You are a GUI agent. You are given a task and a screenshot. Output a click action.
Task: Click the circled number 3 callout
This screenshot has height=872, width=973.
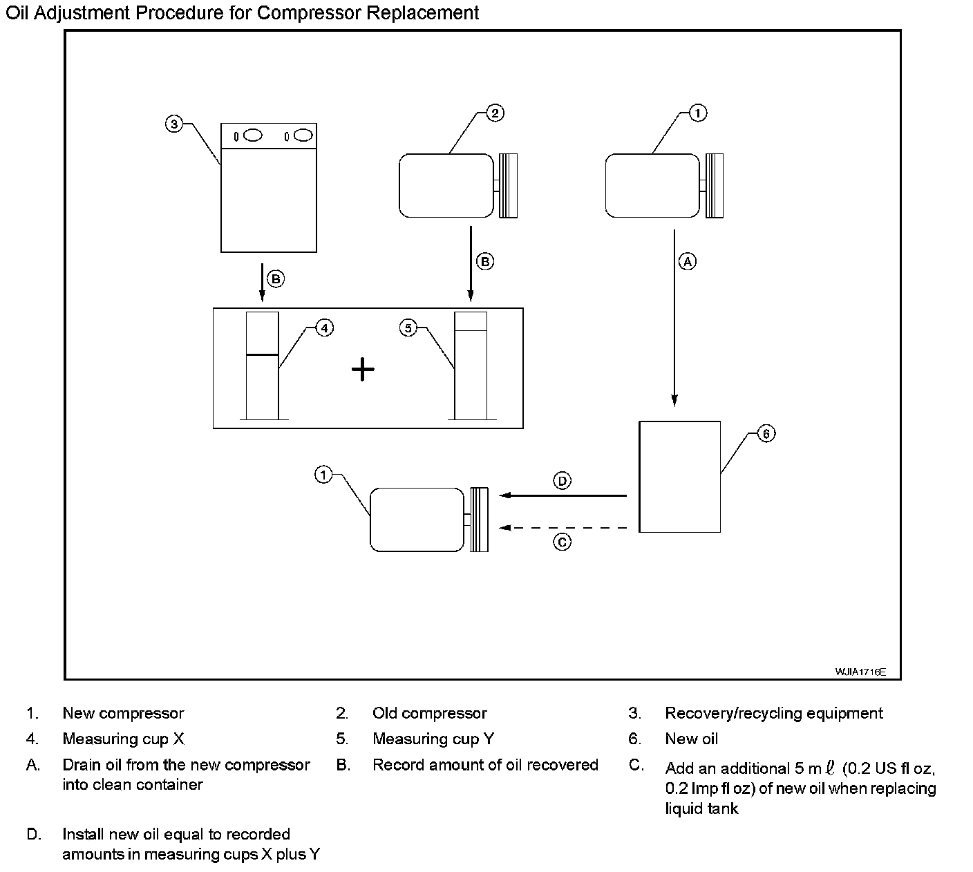tap(173, 124)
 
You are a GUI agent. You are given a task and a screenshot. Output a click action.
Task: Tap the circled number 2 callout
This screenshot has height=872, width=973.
tap(495, 113)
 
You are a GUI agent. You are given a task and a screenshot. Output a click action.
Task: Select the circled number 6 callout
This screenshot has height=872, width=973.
tap(766, 433)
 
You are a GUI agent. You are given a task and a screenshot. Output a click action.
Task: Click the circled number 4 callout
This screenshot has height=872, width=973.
tap(324, 328)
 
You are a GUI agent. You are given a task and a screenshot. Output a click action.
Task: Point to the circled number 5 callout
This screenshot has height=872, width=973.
tap(408, 328)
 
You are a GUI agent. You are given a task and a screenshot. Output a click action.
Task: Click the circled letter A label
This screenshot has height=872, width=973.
tap(687, 261)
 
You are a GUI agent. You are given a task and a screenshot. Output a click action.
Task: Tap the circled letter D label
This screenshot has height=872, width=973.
tap(563, 480)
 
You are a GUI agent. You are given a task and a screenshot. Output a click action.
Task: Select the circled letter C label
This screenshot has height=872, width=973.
tap(563, 542)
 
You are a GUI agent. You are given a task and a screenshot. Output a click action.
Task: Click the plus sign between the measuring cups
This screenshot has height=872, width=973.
tap(363, 370)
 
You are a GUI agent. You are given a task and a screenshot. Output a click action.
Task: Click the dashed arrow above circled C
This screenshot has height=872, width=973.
tap(563, 528)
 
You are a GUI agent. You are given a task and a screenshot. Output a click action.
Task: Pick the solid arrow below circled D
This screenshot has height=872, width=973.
tap(563, 495)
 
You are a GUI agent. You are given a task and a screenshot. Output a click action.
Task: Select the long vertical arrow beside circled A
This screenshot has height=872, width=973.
tap(674, 318)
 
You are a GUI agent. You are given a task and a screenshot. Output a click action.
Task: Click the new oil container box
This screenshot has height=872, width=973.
tap(680, 477)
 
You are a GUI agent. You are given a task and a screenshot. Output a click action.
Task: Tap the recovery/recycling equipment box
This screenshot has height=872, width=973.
tap(269, 188)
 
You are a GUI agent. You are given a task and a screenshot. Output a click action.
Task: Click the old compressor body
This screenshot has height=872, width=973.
tap(446, 185)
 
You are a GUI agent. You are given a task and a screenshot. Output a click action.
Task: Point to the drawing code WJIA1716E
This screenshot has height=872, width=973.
tap(860, 672)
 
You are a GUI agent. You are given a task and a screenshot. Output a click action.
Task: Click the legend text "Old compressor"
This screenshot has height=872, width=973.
tap(429, 713)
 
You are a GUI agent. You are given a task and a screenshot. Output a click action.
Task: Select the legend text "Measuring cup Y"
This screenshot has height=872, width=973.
tap(433, 739)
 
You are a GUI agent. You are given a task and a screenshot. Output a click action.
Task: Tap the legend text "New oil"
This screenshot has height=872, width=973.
tap(691, 739)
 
